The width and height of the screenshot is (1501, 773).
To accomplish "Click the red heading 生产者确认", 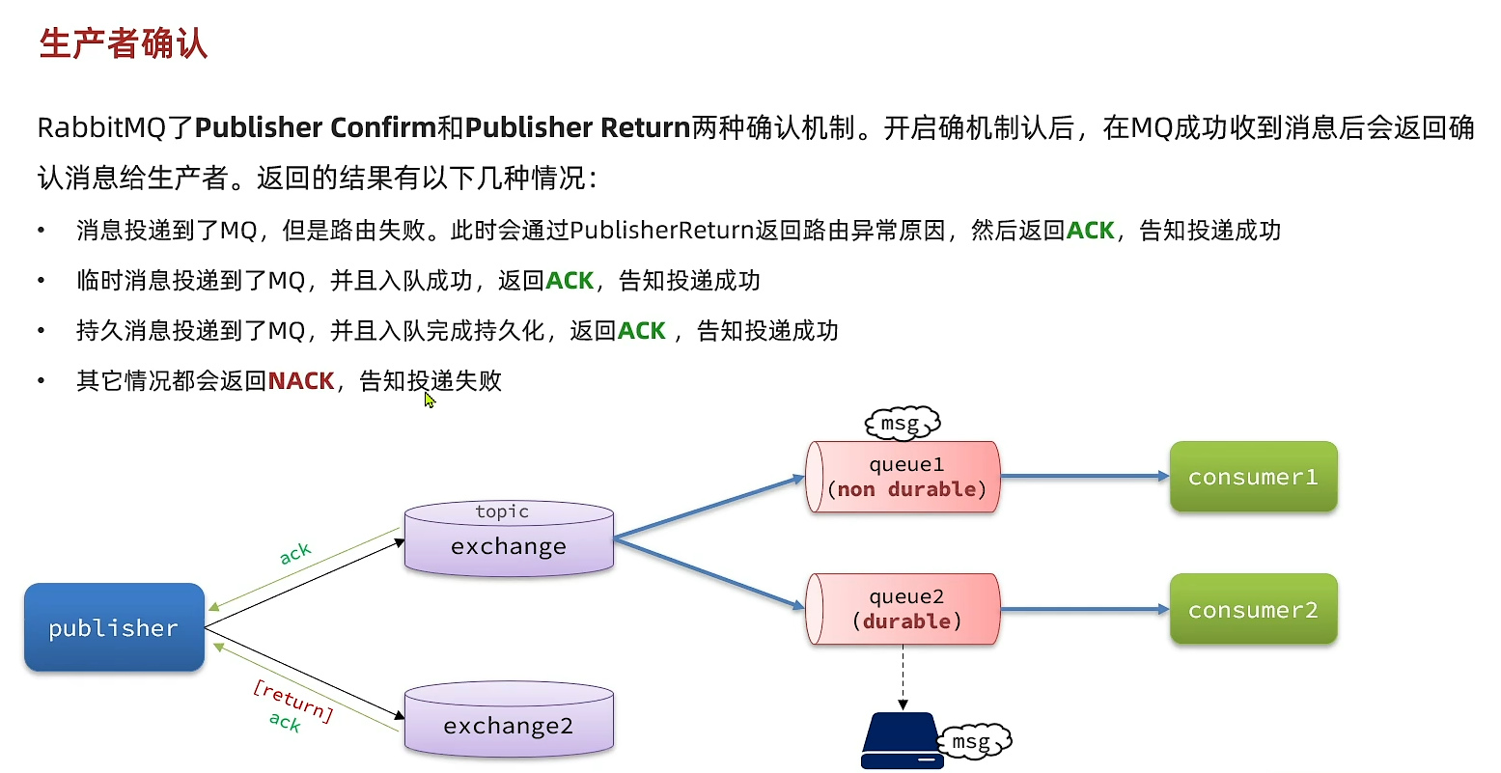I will tap(123, 44).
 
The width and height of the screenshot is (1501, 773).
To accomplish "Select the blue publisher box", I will tap(114, 627).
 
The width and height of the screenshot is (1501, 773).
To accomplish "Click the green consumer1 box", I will tap(1253, 477).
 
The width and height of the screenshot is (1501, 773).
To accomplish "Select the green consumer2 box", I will tap(1253, 610).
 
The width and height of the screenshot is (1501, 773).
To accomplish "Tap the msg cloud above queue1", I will tap(902, 424).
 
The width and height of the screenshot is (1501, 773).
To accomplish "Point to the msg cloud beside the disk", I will tap(973, 741).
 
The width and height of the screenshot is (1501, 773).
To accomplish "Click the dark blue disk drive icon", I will tap(902, 741).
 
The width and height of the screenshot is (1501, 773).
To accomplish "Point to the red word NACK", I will tap(301, 381).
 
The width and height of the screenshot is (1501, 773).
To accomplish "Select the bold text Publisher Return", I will tap(577, 127).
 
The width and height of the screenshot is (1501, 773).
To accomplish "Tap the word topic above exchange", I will tap(502, 511).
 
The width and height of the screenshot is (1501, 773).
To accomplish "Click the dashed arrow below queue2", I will tap(903, 677).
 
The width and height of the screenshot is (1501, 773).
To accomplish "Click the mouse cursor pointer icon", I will tap(429, 399).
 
